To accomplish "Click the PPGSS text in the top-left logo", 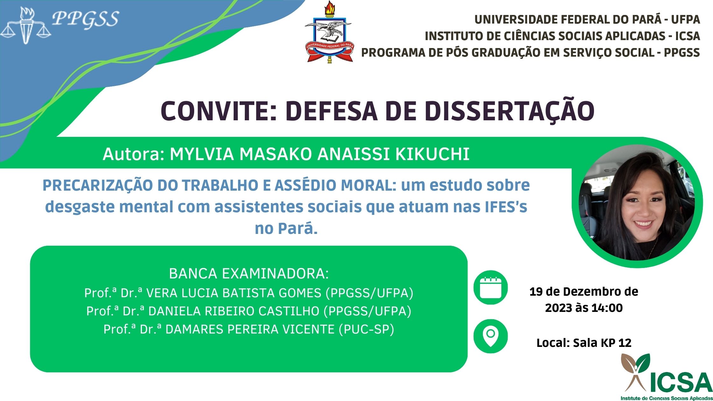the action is [x=85, y=19].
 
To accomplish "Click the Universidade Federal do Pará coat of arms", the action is [x=329, y=32].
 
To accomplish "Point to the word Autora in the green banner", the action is [x=131, y=154].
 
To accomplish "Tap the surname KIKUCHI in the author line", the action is [x=432, y=154].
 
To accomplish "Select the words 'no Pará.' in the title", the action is [x=286, y=228].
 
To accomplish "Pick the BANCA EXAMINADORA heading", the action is [x=249, y=274].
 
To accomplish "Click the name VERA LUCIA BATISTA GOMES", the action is [x=234, y=293].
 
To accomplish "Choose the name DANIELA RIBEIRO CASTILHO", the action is [x=234, y=311].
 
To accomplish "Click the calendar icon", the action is [x=491, y=287].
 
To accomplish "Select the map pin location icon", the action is [x=491, y=336].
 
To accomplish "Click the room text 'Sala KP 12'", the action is [x=602, y=343].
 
